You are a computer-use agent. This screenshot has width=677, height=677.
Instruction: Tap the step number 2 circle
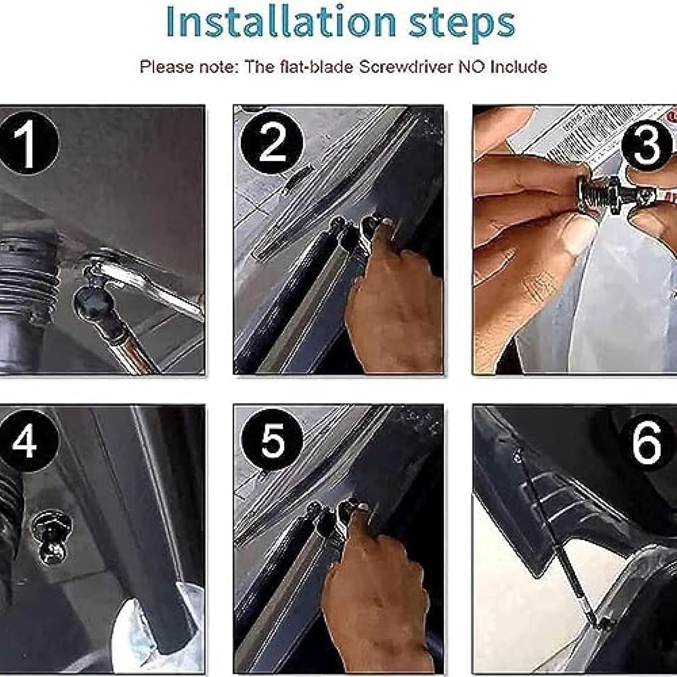tap(272, 142)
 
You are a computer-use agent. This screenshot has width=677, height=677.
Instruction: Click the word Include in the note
tap(519, 67)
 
